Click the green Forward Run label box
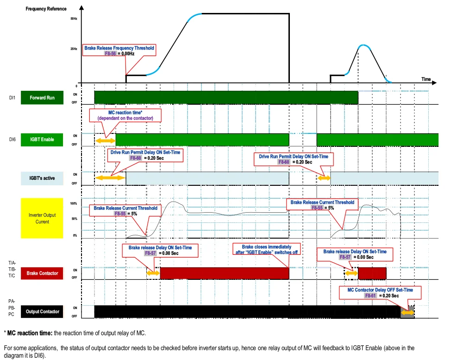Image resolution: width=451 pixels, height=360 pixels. coord(42,98)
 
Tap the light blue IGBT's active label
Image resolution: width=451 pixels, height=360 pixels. coord(42,178)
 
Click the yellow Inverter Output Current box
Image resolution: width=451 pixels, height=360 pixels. coord(42,218)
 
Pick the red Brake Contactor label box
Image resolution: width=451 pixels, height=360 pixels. coord(42,273)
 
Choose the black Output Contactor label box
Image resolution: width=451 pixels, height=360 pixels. coord(42,312)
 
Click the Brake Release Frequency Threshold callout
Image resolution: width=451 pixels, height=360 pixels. coord(119,51)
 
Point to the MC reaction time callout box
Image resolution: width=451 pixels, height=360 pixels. coord(125,115)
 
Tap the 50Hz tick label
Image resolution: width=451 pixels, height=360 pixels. coord(74,19)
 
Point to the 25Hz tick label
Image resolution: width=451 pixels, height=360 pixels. coord(74,49)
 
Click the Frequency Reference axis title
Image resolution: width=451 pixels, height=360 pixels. coord(46,9)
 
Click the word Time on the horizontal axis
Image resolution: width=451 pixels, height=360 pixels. coord(426,79)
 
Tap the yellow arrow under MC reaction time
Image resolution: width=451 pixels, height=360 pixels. coord(105,139)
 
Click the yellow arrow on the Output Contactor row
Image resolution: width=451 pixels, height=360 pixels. coord(408,313)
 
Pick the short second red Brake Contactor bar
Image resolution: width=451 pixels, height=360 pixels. coord(372,273)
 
